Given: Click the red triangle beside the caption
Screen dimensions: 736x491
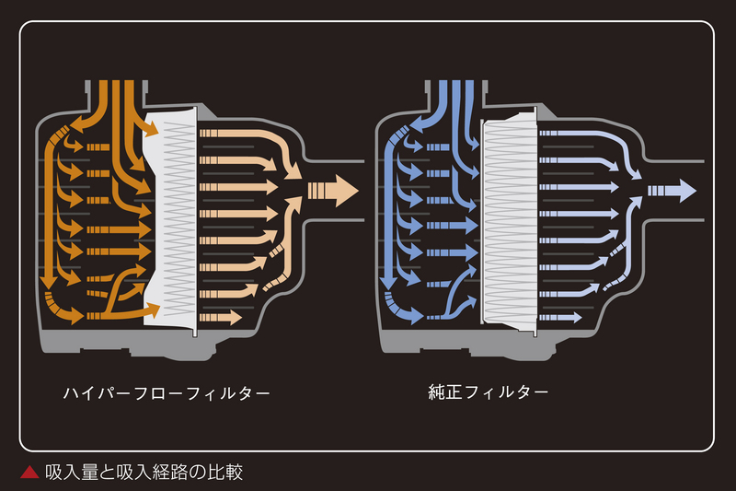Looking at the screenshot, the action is click(x=29, y=473).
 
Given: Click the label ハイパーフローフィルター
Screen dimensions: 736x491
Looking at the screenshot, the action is click(x=167, y=392).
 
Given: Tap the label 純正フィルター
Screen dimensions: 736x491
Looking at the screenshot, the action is click(x=489, y=392).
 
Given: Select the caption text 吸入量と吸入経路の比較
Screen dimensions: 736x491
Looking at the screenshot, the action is click(x=144, y=473).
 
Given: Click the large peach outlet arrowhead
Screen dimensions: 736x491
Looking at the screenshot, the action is click(x=347, y=192).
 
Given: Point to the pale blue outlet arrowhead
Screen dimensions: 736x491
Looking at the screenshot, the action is click(x=687, y=191).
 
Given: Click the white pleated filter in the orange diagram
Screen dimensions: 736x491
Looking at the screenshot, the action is click(x=170, y=221).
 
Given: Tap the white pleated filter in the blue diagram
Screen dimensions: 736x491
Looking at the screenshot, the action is click(x=510, y=221).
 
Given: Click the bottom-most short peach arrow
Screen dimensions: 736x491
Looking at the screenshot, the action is click(x=220, y=318).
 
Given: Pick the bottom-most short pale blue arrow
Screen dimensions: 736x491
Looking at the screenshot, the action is click(x=560, y=318).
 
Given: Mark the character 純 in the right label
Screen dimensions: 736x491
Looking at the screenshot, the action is click(x=437, y=392).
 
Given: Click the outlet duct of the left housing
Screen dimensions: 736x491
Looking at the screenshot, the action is click(x=334, y=191).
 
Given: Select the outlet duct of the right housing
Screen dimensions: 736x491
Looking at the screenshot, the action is click(x=674, y=191).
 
